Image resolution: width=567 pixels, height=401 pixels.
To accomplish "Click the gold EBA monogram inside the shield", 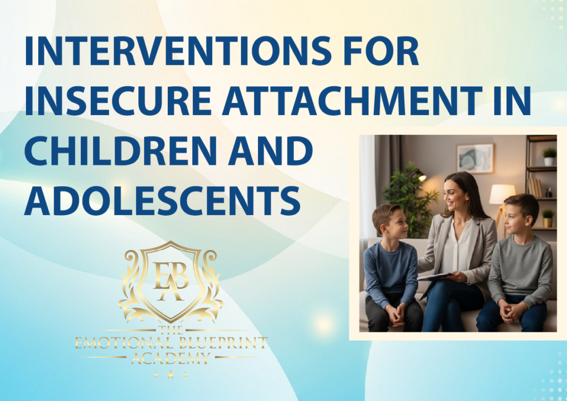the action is [171, 281].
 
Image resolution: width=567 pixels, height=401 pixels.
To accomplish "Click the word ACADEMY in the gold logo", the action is [171, 358].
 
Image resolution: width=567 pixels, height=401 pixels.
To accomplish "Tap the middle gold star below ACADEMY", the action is [171, 374].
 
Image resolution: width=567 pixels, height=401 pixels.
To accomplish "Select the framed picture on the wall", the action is [475, 158].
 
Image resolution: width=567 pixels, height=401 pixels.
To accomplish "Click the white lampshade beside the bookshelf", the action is [502, 194].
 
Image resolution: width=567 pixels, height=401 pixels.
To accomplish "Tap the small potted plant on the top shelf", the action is [549, 157].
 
